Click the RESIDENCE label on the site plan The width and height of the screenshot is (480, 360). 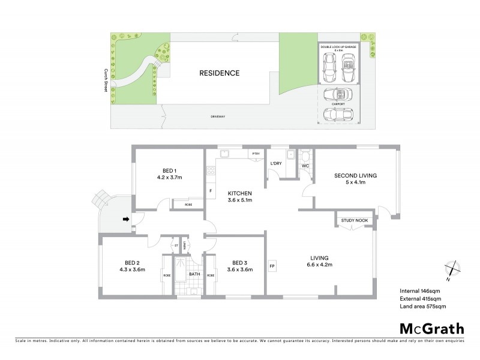pos(219,73)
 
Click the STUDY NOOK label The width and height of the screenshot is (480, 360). pos(354,221)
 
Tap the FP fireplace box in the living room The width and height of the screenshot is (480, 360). pos(272,265)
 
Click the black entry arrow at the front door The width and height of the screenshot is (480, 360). pos(126,220)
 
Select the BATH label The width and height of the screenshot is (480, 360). pos(194,274)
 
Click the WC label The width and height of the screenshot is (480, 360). pos(305,165)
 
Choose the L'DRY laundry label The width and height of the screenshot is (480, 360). pos(276,164)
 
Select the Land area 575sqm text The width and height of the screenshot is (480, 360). pos(423,306)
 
